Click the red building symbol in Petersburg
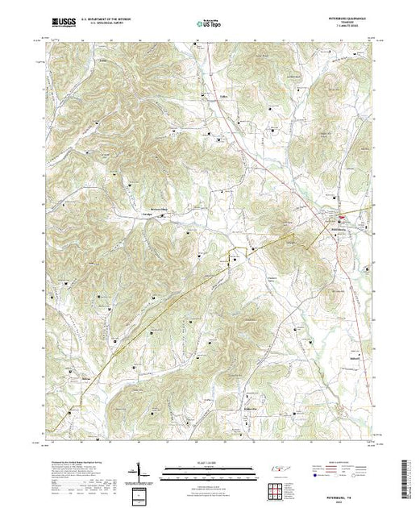[x=341, y=217]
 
